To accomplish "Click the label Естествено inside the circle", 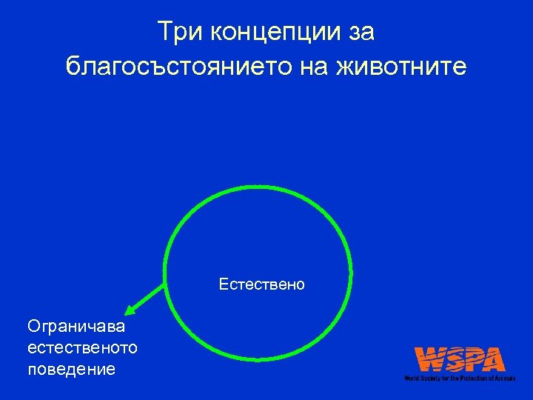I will [261, 284].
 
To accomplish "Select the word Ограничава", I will [76, 326].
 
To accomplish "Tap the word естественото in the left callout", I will [81, 347].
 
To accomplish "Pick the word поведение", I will [71, 369].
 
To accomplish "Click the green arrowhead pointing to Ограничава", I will [129, 310].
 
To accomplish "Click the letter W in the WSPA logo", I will [431, 360].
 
